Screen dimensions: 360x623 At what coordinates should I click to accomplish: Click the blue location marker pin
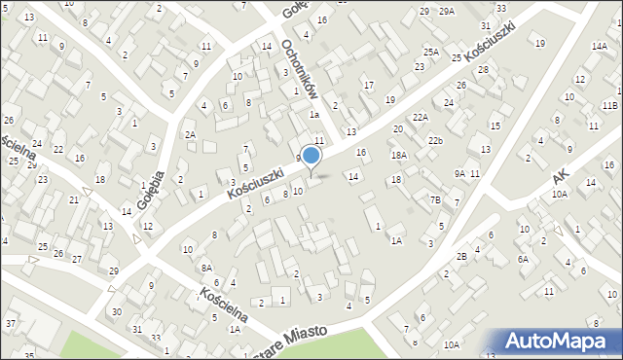[x=311, y=155]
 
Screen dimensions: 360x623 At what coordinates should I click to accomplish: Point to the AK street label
[x=558, y=176]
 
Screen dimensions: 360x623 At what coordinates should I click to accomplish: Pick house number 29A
[x=446, y=11]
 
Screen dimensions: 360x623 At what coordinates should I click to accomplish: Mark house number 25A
[x=430, y=52]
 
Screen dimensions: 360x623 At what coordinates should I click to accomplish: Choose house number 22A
[x=420, y=117]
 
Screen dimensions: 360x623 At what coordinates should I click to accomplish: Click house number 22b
[x=435, y=141]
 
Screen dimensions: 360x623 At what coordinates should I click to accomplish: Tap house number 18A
[x=398, y=155]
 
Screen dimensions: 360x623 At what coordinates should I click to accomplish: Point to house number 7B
[x=436, y=200]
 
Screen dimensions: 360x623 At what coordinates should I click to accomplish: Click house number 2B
[x=462, y=256]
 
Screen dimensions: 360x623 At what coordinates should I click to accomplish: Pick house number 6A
[x=523, y=259]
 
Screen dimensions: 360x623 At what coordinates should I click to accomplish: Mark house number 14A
[x=599, y=46]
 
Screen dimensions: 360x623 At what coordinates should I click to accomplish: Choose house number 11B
[x=609, y=105]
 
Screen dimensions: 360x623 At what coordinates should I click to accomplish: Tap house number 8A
[x=206, y=268]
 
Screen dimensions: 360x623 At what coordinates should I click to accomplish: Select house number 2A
[x=191, y=135]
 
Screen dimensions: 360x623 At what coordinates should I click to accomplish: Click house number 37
[x=11, y=323]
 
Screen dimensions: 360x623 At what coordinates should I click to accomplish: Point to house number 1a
[x=314, y=114]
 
